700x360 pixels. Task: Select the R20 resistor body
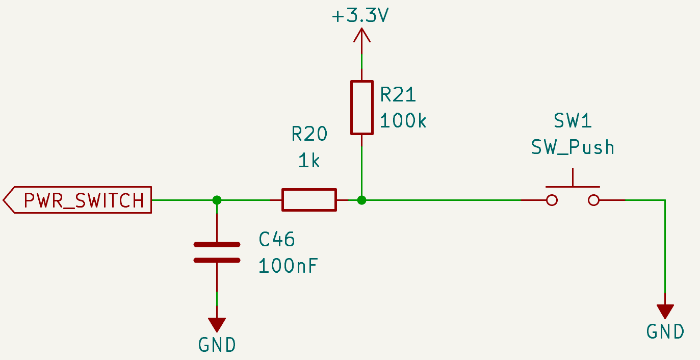point(309,200)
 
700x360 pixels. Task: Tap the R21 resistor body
point(361,107)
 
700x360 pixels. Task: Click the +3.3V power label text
point(360,16)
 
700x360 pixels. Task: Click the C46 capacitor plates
point(217,252)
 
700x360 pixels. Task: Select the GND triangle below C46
point(217,324)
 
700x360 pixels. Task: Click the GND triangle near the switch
point(665,311)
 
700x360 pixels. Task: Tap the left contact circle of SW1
point(551,200)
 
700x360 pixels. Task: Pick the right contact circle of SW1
point(593,200)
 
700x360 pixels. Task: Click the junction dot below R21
point(361,200)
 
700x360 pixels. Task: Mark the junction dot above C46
point(217,200)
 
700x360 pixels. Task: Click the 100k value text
point(403,121)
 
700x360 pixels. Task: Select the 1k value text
point(309,161)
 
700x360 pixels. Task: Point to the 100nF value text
point(288,266)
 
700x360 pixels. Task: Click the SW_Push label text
point(573,147)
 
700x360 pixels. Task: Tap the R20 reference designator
point(309,134)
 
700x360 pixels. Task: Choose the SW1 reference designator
point(573,121)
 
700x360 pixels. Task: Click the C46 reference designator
point(277,239)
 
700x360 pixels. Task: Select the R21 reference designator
point(398,94)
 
